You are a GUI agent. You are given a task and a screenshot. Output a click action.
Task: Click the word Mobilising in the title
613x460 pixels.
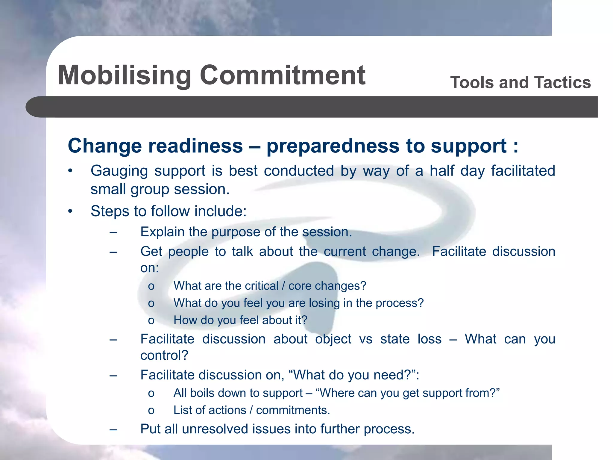(x=124, y=75)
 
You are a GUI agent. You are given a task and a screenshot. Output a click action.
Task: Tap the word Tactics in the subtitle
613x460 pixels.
(x=562, y=83)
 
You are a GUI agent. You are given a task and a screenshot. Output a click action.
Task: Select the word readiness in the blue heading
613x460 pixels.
(x=195, y=146)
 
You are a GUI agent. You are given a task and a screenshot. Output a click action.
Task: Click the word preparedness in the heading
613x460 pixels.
(x=333, y=146)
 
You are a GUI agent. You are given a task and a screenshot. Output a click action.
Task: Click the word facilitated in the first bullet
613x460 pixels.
(x=523, y=171)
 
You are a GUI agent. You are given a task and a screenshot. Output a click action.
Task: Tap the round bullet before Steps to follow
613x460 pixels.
(x=70, y=211)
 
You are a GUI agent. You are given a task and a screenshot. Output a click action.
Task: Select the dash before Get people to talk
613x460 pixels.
(x=113, y=252)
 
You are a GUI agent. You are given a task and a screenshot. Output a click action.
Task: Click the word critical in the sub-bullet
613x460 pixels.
(x=261, y=286)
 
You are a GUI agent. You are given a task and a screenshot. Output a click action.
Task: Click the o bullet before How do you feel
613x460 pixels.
(x=151, y=321)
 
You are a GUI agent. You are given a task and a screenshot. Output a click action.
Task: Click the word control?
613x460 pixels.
(x=164, y=356)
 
